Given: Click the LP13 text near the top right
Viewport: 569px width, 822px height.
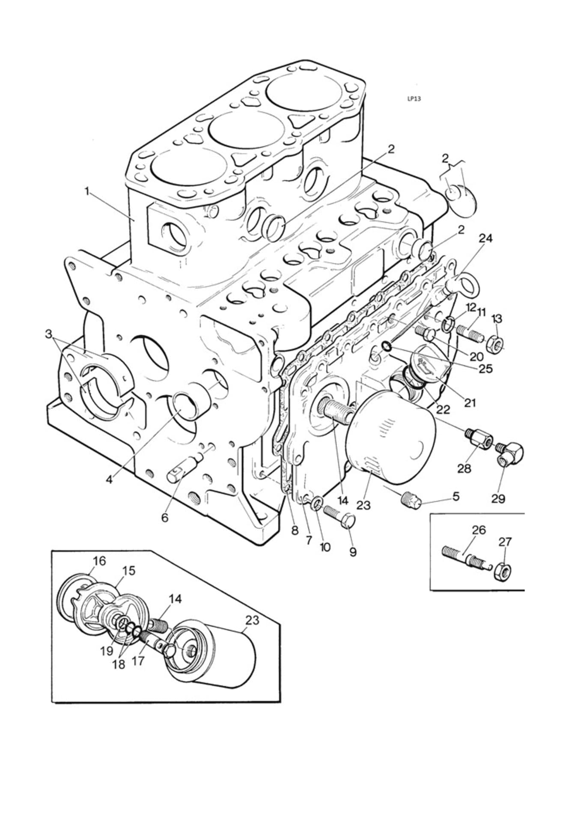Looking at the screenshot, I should (x=414, y=98).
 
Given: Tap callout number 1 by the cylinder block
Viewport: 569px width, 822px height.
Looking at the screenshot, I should (x=87, y=191).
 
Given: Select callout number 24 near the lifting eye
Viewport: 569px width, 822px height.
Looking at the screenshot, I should (x=485, y=239).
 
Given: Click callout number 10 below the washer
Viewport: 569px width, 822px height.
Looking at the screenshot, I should (x=325, y=547).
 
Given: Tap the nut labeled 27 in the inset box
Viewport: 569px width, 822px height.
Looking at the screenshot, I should (x=502, y=571).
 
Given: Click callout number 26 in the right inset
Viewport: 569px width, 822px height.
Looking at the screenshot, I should (x=479, y=530).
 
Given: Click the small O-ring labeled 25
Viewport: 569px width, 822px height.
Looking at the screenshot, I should (x=385, y=345).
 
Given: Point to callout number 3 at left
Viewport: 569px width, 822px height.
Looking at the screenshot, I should (x=50, y=334).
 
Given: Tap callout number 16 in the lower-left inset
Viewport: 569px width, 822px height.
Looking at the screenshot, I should (x=99, y=560).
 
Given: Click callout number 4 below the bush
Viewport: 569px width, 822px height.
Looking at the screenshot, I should (x=110, y=479).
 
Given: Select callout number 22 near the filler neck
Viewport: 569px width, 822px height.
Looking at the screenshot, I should (x=443, y=409).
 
